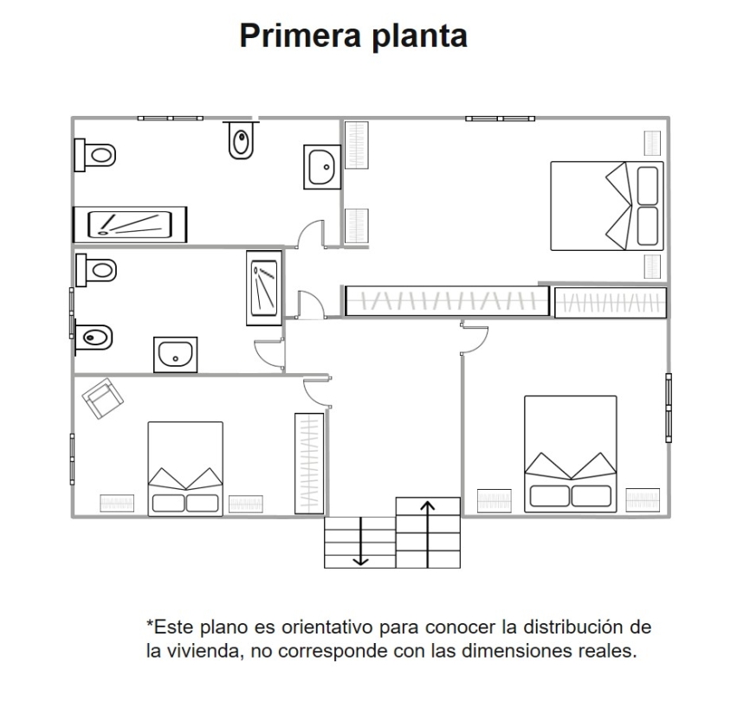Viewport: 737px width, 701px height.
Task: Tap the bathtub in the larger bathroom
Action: [130, 225]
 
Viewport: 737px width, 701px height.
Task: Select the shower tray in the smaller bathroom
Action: [264, 288]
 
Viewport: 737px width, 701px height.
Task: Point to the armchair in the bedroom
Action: [102, 398]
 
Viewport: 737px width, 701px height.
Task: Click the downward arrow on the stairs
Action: [360, 541]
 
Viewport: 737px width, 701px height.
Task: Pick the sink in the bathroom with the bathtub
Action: [322, 167]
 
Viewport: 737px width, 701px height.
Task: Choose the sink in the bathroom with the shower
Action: [175, 355]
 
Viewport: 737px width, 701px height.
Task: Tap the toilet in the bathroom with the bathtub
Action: [95, 155]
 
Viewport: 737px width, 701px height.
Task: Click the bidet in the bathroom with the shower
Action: [94, 337]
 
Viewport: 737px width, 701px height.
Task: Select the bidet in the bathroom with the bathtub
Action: [241, 140]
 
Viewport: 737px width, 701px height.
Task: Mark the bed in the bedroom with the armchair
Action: [185, 469]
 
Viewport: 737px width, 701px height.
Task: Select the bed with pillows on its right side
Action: [607, 206]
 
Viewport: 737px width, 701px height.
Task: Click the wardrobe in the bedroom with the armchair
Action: [309, 463]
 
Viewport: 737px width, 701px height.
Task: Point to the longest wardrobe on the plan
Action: [447, 300]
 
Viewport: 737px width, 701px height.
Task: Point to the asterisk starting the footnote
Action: [150, 623]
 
